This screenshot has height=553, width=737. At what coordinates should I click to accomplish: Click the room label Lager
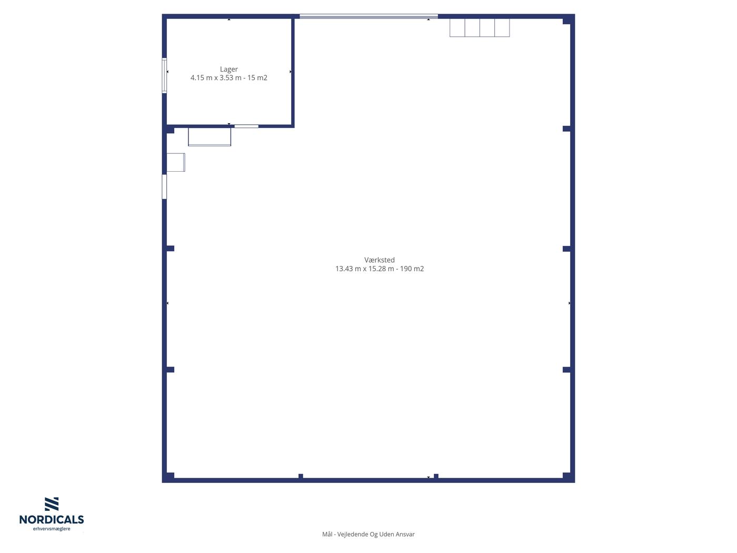pyautogui.click(x=228, y=69)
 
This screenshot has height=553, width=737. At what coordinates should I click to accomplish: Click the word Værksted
pyautogui.click(x=380, y=260)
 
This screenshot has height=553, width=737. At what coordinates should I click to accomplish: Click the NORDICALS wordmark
pyautogui.click(x=52, y=519)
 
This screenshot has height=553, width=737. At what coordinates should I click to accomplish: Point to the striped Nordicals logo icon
pyautogui.click(x=52, y=504)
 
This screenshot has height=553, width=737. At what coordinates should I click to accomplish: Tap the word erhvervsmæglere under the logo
pyautogui.click(x=52, y=529)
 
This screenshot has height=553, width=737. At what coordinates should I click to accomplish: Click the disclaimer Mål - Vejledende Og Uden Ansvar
pyautogui.click(x=368, y=534)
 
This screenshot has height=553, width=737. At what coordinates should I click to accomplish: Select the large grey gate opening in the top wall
pyautogui.click(x=368, y=16)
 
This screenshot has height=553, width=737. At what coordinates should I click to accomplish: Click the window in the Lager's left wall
pyautogui.click(x=164, y=75)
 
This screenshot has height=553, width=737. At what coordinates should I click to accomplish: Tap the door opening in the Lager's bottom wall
pyautogui.click(x=246, y=126)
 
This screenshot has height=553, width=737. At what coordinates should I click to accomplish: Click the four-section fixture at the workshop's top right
pyautogui.click(x=480, y=27)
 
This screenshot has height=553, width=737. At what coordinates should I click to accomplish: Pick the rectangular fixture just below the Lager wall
pyautogui.click(x=210, y=136)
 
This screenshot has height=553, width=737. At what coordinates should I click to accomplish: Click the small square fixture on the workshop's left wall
pyautogui.click(x=176, y=163)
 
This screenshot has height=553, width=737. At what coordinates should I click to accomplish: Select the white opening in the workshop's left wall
pyautogui.click(x=164, y=186)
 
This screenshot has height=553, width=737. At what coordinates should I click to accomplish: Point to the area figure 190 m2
pyautogui.click(x=412, y=269)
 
